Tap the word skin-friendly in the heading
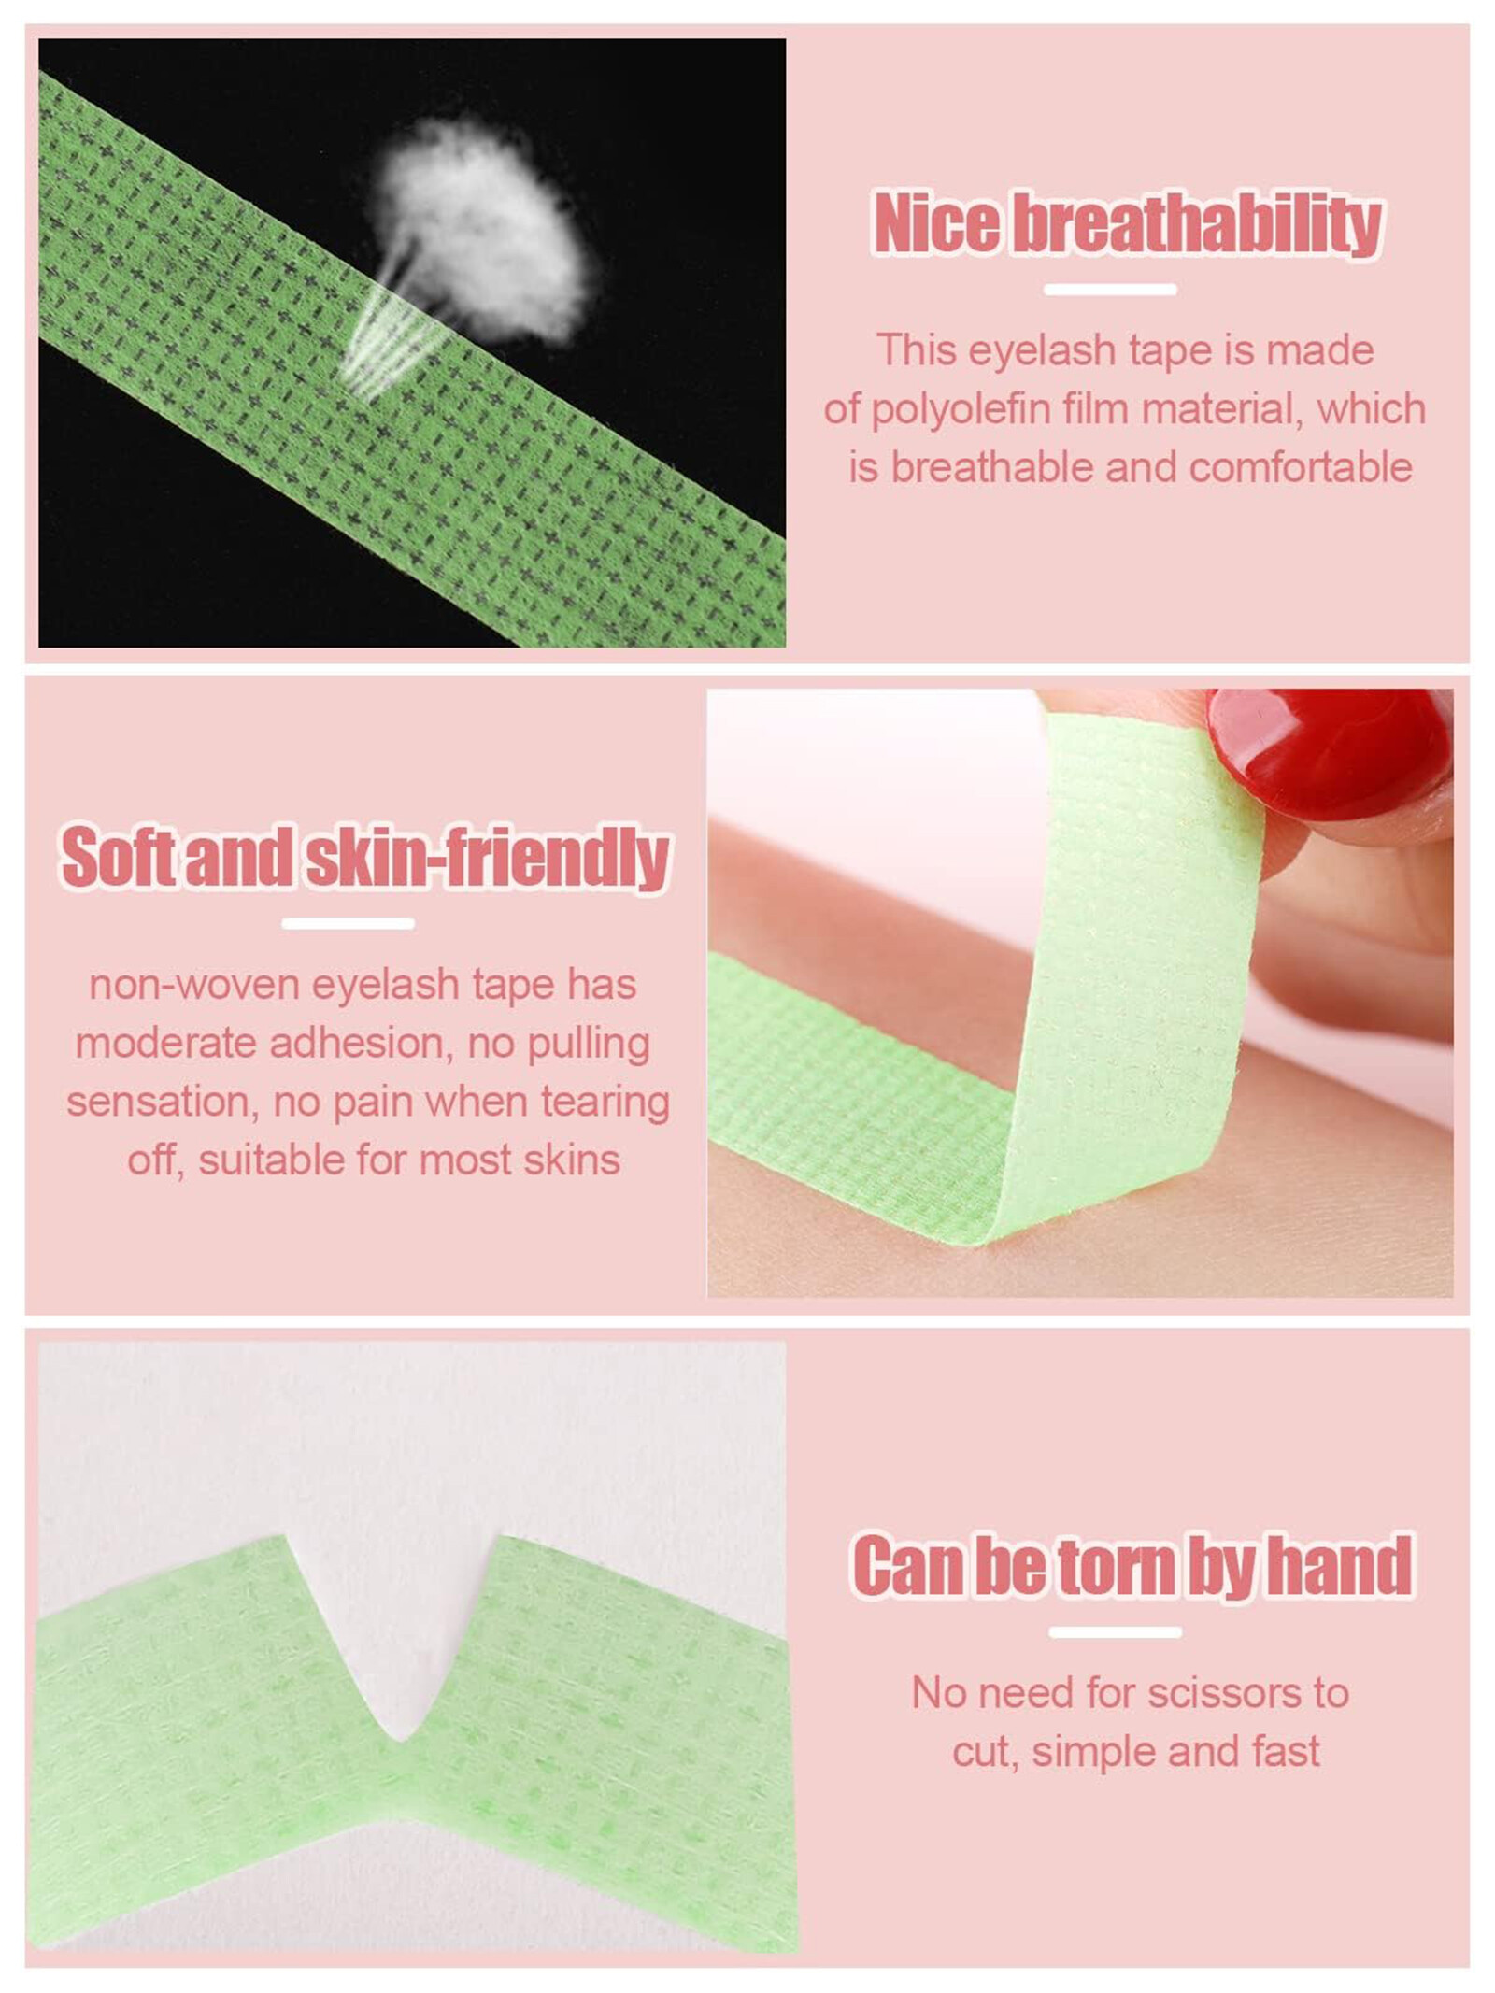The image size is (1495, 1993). point(488,857)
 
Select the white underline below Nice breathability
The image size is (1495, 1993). point(1110,290)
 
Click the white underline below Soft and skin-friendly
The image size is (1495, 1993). point(348,923)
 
